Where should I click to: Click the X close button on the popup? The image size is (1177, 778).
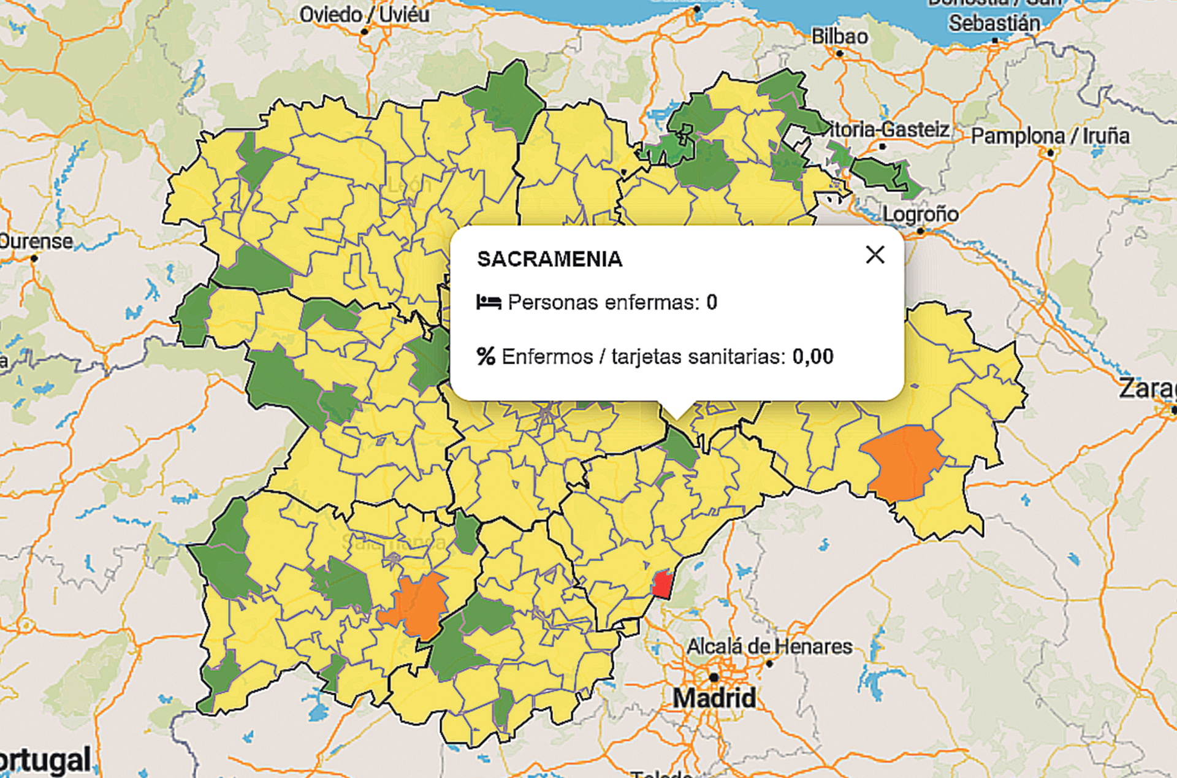tap(875, 254)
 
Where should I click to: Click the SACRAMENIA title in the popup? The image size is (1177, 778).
tap(549, 259)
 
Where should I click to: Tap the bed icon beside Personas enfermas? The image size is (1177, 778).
tap(489, 302)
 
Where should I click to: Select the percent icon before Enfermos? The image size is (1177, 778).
tap(486, 356)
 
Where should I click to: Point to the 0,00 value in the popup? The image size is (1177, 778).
tap(812, 356)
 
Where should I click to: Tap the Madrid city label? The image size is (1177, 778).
tap(714, 698)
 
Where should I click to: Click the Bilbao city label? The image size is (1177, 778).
tap(839, 37)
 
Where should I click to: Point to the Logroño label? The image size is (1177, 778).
tap(920, 214)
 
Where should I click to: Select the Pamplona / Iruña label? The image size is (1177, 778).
tap(1049, 135)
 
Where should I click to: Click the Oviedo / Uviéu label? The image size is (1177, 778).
tap(364, 14)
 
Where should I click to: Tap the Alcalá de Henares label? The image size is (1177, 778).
tap(769, 646)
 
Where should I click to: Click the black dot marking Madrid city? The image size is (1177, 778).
tap(714, 677)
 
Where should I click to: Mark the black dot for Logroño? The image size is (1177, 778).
tap(920, 231)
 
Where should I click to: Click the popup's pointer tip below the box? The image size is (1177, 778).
tap(677, 419)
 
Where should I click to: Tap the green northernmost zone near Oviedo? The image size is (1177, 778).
tap(506, 98)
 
